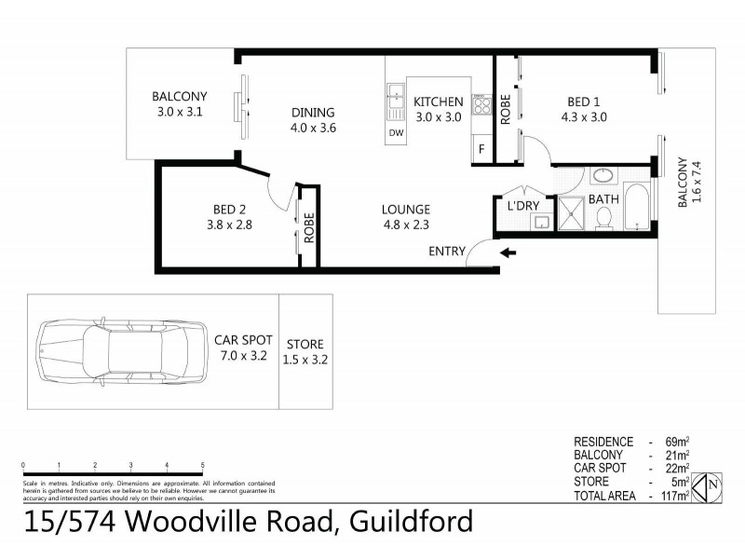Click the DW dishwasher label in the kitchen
(395, 133)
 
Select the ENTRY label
(447, 252)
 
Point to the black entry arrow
(508, 252)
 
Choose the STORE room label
(305, 343)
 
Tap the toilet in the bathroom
(603, 217)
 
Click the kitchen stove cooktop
(481, 103)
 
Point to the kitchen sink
(395, 100)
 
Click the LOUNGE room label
(405, 209)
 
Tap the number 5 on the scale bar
(203, 465)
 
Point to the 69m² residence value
(676, 441)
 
